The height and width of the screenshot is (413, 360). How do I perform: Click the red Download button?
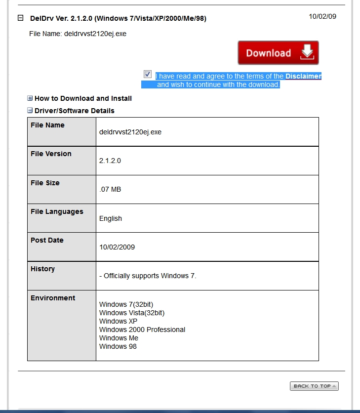click(x=278, y=53)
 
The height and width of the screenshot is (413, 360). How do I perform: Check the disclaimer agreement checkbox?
click(x=148, y=74)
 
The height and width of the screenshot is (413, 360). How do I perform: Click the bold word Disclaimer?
click(x=303, y=77)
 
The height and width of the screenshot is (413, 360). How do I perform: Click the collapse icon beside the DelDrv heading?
click(x=21, y=18)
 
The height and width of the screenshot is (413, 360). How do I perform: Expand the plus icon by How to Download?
click(x=30, y=98)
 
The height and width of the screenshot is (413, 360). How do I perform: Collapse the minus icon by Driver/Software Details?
click(x=30, y=111)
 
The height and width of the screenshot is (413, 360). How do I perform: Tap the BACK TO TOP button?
click(x=314, y=386)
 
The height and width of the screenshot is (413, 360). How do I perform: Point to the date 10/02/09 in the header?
click(x=322, y=16)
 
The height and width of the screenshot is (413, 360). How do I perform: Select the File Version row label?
click(x=51, y=154)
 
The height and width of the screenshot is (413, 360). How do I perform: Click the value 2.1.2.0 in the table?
click(x=110, y=161)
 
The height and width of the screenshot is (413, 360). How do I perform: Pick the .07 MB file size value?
click(x=110, y=189)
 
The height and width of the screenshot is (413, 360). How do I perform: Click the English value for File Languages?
click(x=111, y=218)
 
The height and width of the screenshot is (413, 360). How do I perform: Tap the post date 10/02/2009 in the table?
click(x=117, y=247)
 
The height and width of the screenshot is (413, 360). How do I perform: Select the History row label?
click(x=42, y=269)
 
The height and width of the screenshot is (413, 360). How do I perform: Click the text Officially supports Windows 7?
click(x=150, y=276)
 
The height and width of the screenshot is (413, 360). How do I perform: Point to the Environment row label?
click(x=53, y=298)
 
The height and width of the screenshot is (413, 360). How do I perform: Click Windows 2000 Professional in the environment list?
click(x=142, y=330)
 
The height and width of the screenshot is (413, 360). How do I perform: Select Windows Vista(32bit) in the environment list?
click(x=132, y=313)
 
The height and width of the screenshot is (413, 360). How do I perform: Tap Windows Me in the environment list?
click(x=119, y=338)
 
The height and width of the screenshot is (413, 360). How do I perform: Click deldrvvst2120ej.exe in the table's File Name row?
click(x=130, y=132)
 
